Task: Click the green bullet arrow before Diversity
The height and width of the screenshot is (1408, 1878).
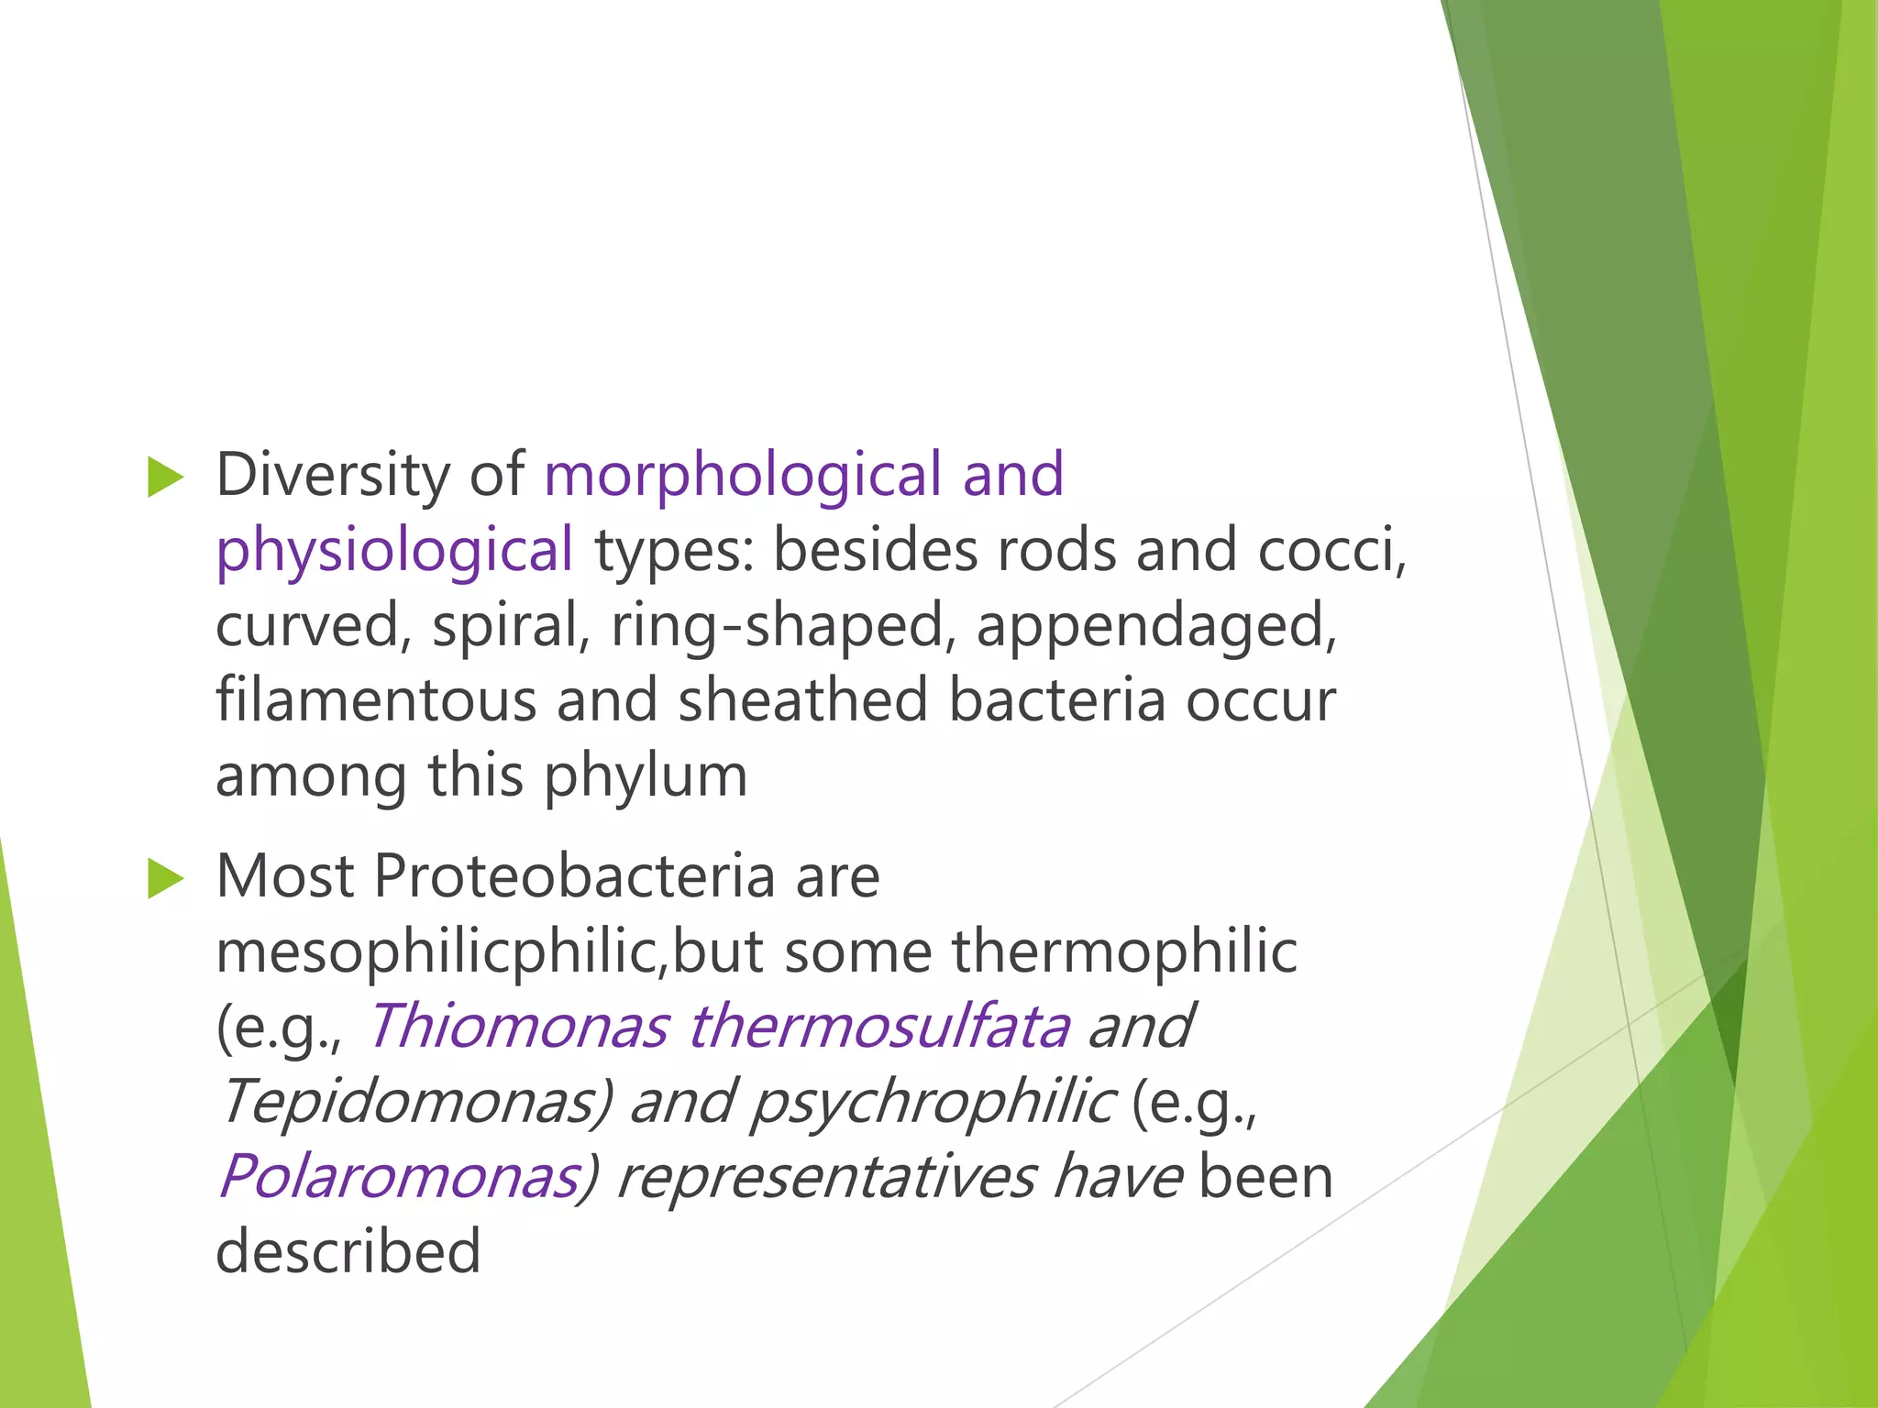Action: [x=166, y=478]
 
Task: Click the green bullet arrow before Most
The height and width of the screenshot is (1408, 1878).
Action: [x=166, y=880]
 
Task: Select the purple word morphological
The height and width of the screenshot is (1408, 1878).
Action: [x=743, y=477]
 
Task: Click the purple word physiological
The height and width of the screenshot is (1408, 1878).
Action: [x=394, y=552]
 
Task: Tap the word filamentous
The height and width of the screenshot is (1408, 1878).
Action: [x=375, y=700]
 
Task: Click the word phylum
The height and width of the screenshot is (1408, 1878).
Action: [x=646, y=777]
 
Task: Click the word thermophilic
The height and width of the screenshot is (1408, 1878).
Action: [x=1124, y=951]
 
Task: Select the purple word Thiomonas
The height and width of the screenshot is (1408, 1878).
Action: [x=518, y=1027]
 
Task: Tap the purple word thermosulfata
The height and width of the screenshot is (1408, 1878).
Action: [x=878, y=1027]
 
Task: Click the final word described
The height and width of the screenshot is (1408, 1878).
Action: [x=348, y=1252]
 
